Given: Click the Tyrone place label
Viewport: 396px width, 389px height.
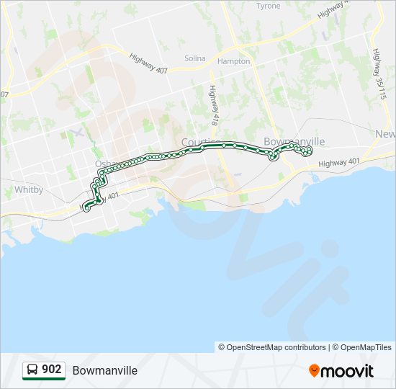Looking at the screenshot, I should point(269,6).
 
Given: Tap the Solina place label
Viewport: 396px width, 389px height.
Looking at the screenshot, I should point(194,58).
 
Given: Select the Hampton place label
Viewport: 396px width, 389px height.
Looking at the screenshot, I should point(234,61).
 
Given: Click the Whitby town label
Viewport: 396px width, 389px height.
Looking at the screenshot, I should point(29,190).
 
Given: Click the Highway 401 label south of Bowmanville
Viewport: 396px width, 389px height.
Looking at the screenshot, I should point(343,164).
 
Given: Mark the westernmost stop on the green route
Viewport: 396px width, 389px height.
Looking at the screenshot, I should point(86,208).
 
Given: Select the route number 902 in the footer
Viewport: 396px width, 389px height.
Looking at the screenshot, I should point(52,370).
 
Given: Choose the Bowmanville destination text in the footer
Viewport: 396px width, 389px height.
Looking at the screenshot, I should point(104,370).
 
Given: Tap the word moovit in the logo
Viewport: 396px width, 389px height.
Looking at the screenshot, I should point(347,370).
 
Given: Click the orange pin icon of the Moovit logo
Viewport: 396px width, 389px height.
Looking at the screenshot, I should point(314,370).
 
